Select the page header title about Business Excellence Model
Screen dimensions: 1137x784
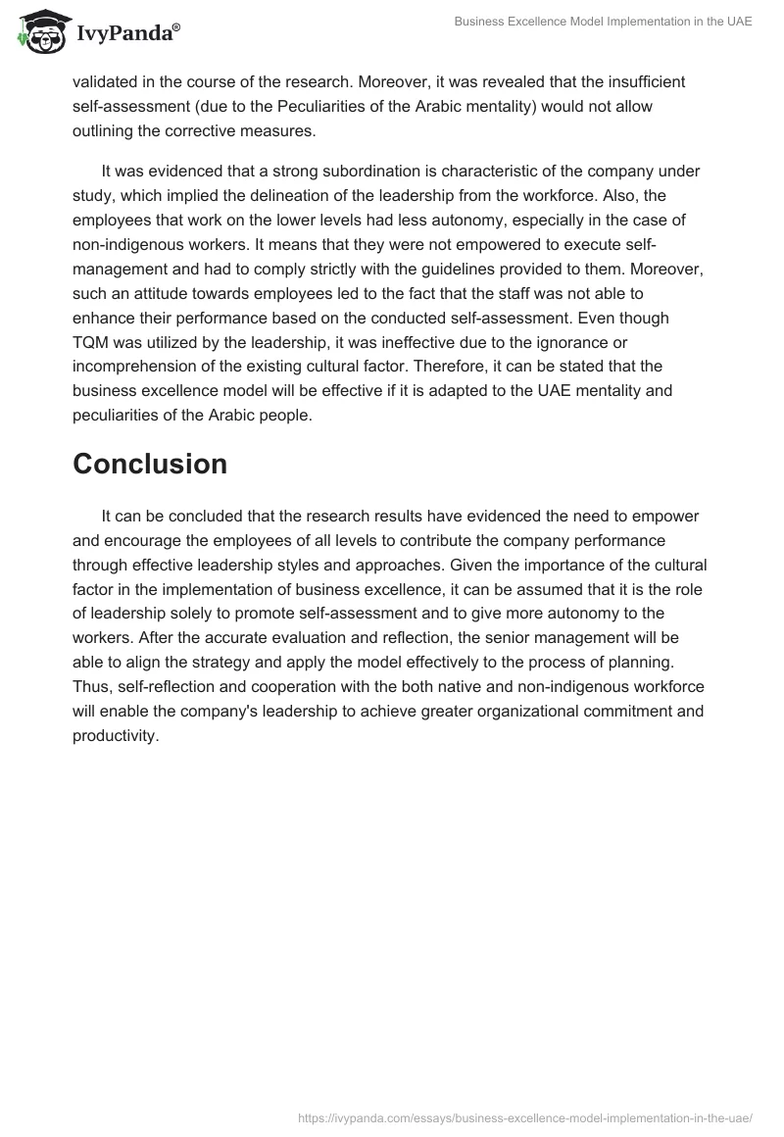603,22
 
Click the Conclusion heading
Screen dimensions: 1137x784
150,464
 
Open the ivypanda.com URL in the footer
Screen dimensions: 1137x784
523,1116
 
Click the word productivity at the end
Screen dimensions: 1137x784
115,735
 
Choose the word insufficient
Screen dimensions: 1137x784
642,81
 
